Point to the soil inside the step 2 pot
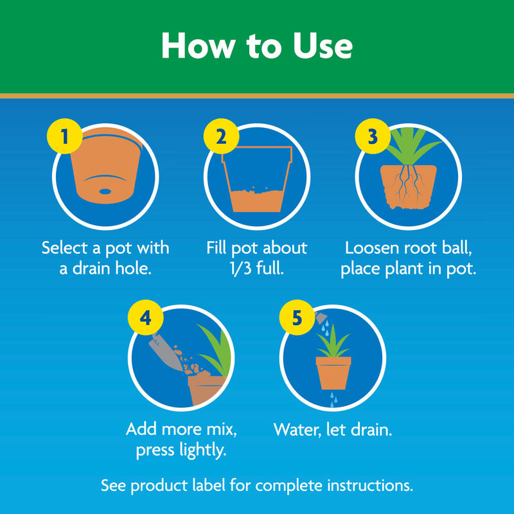256,200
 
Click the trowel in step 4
164,349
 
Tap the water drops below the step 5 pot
332,400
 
